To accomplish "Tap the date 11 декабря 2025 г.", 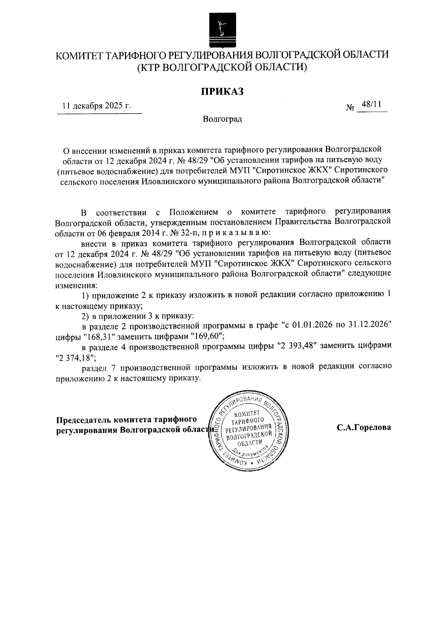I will point(97,106).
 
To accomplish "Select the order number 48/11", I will point(371,104).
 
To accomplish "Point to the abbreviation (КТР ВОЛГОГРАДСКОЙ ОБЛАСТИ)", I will point(221,67).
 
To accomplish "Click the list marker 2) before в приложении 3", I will point(85,315).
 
